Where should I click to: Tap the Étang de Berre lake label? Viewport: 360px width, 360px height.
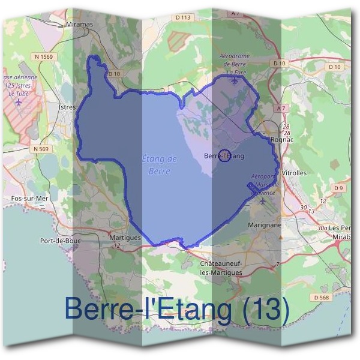[x=159, y=165]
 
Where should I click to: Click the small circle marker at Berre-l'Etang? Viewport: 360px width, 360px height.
[x=224, y=155]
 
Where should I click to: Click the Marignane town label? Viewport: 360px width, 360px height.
[x=264, y=225]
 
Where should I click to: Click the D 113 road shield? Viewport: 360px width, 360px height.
[x=184, y=18]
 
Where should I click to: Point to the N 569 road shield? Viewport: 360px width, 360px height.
[x=41, y=148]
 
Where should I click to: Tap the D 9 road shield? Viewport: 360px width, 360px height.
[x=339, y=188]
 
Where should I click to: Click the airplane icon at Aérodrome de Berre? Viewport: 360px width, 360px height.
[x=234, y=80]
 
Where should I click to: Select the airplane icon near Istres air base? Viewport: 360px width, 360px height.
[x=19, y=101]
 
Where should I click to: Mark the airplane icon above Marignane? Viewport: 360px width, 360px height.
[x=263, y=201]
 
